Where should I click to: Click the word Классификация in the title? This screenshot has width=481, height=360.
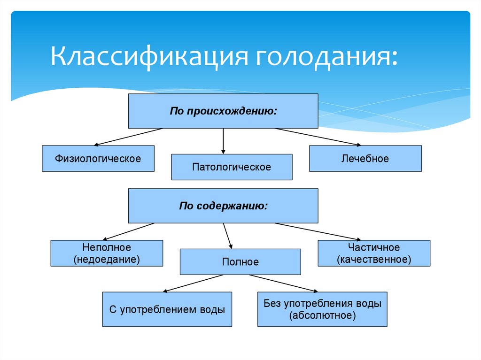coord(149,58)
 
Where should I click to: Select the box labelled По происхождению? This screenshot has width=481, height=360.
coord(223,111)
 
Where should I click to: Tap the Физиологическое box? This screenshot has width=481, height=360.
coord(98,159)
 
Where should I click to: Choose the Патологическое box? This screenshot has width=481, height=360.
coord(232,167)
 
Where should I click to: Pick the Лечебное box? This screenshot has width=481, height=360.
coord(365,159)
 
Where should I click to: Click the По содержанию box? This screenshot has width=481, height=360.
coord(223,206)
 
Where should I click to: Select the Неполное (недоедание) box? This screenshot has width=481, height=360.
coord(107,253)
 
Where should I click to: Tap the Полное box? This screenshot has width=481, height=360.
coord(240,261)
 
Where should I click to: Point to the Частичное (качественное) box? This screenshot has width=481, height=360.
coord(374,253)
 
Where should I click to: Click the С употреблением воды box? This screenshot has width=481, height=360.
coord(167,309)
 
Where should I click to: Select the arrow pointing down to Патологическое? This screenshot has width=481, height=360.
coord(223,141)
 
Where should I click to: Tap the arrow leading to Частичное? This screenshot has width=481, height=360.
coord(318,231)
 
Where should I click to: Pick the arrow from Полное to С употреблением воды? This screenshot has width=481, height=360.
coord(193,283)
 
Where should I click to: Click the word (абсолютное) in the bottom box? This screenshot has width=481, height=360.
coord(322,315)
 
